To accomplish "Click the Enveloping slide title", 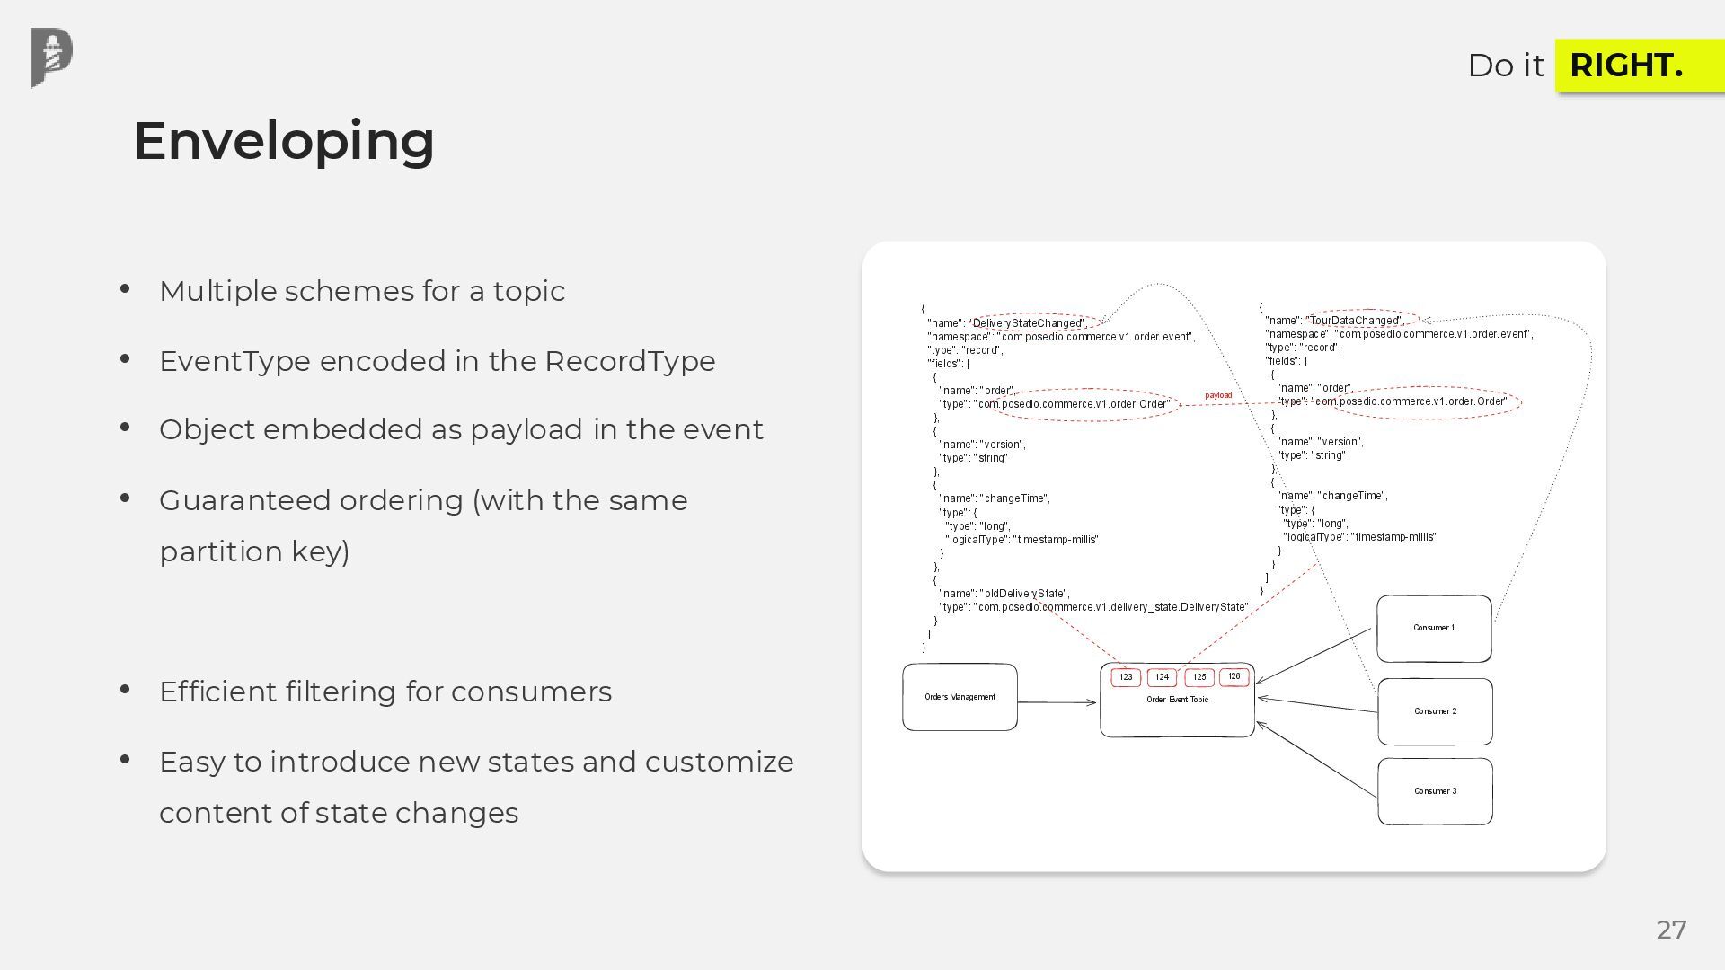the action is coord(284,141).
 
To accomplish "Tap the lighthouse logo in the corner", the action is coord(51,57).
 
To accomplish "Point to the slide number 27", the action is coord(1671,930).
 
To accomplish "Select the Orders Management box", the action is coord(960,697).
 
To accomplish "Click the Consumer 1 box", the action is coord(1434,628).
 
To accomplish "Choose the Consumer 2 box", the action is coord(1435,711).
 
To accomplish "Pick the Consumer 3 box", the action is coord(1435,791).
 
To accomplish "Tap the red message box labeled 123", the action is coord(1126,677).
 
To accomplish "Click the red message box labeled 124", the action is coord(1162,677).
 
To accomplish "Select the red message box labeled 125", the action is coord(1199,677).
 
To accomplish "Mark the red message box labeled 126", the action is coord(1234,676).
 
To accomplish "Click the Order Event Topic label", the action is coord(1177,700).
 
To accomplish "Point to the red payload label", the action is coord(1218,395).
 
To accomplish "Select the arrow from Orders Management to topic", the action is coord(1057,702).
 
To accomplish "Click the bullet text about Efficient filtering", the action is coord(385,692).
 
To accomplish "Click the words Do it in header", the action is coord(1506,66).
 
